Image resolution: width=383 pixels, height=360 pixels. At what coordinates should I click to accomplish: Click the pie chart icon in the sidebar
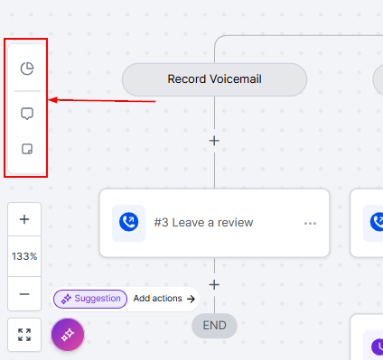click(x=27, y=69)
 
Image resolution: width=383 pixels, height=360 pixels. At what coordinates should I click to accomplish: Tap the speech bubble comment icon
click(x=27, y=114)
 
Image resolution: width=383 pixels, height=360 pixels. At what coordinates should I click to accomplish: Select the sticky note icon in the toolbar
click(x=27, y=149)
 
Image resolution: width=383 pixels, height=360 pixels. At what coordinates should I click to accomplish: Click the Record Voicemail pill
click(x=214, y=79)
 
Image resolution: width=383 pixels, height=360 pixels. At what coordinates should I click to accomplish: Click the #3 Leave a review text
click(x=203, y=223)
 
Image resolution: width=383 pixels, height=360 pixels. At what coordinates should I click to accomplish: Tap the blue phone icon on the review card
click(x=129, y=222)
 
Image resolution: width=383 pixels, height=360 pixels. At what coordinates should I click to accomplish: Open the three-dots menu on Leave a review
click(x=310, y=223)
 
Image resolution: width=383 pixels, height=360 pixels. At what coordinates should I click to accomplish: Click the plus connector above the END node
click(x=214, y=284)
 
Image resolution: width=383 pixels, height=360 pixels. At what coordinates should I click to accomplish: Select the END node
click(x=214, y=326)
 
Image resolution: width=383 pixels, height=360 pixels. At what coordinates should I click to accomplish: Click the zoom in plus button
click(x=24, y=219)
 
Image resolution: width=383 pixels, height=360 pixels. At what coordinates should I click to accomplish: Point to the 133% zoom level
click(x=24, y=256)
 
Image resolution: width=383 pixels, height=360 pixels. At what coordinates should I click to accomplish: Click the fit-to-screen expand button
click(x=24, y=335)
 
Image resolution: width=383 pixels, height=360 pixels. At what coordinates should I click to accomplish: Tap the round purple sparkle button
click(x=68, y=335)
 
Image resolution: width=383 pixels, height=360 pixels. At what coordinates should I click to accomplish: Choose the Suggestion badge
click(x=90, y=299)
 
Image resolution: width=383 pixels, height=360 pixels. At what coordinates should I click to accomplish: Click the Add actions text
click(x=158, y=299)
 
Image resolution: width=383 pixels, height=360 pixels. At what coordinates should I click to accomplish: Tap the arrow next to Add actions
click(x=191, y=299)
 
